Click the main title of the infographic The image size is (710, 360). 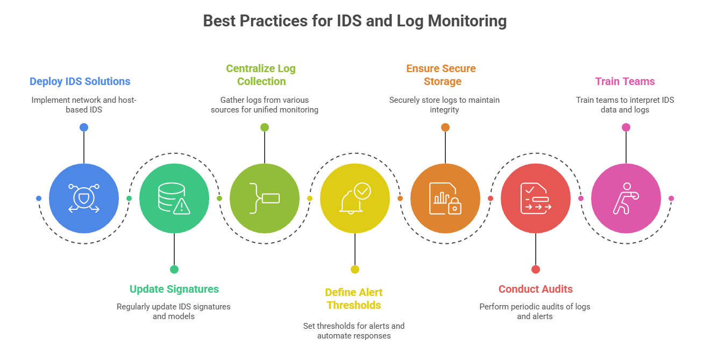pyautogui.click(x=355, y=21)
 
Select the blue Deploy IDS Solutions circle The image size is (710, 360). pyautogui.click(x=84, y=199)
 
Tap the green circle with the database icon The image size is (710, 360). pyautogui.click(x=174, y=199)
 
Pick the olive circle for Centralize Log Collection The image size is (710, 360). pyautogui.click(x=265, y=199)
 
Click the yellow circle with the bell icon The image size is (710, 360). pyautogui.click(x=355, y=199)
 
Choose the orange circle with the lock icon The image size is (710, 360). pyautogui.click(x=445, y=199)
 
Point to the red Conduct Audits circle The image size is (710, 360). pyautogui.click(x=536, y=199)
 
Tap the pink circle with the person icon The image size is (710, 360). pyautogui.click(x=626, y=199)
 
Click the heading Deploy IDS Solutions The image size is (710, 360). pyautogui.click(x=80, y=82)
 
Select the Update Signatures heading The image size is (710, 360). pyautogui.click(x=174, y=290)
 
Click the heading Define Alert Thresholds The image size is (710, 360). pyautogui.click(x=354, y=299)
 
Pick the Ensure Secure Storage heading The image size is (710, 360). pyautogui.click(x=441, y=75)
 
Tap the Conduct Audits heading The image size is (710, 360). pyautogui.click(x=536, y=290)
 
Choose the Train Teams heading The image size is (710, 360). pyautogui.click(x=625, y=82)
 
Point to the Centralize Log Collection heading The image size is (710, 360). pyautogui.click(x=261, y=75)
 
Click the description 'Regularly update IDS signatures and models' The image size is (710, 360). pyautogui.click(x=174, y=312)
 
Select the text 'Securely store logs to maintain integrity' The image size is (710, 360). pyautogui.click(x=444, y=105)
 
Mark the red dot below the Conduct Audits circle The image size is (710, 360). pyautogui.click(x=536, y=270)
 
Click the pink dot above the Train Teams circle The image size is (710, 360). pyautogui.click(x=626, y=128)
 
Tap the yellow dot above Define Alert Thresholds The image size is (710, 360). pyautogui.click(x=355, y=270)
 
